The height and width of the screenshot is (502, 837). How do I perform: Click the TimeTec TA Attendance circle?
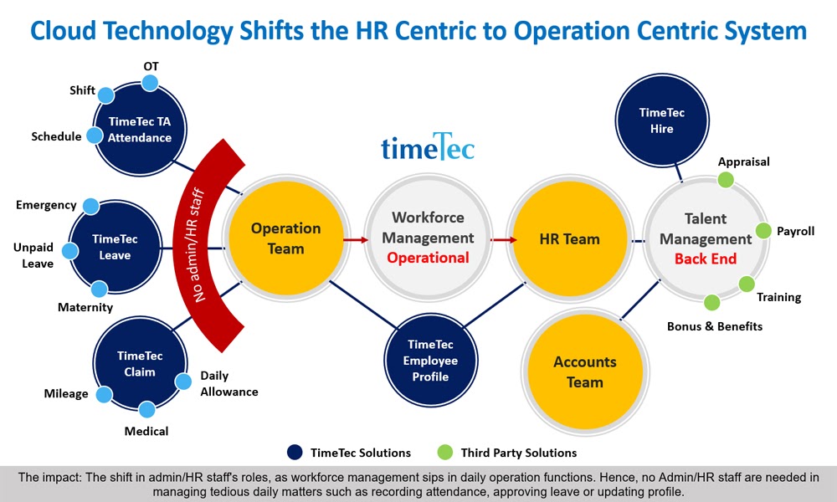pos(140,129)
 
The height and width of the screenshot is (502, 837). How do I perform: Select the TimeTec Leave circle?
pos(115,247)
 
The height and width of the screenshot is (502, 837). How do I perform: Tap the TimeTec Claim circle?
pos(140,364)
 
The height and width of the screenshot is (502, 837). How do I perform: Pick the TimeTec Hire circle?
pos(662,120)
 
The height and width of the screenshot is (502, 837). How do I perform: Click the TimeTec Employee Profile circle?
pos(431,360)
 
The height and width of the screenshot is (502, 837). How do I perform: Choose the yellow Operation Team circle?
pos(286,238)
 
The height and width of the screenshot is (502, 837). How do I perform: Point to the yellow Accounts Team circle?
pos(585,371)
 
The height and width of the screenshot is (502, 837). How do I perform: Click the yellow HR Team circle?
pos(569,238)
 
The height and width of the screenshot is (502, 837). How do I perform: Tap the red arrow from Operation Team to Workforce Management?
pos(356,239)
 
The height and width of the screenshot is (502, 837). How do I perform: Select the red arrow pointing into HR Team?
pos(504,239)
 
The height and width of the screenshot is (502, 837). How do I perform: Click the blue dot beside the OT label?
pos(150,83)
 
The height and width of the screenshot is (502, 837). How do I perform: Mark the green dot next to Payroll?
pos(763,230)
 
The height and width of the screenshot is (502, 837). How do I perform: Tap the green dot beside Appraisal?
pos(726,180)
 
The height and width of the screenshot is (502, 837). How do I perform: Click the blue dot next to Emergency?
pos(90,206)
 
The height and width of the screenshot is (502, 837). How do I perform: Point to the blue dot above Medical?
pos(146,410)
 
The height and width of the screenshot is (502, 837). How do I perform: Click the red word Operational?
pos(428,258)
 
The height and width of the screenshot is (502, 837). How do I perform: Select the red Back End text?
pos(706,259)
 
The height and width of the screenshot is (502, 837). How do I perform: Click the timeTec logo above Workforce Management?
pos(428,146)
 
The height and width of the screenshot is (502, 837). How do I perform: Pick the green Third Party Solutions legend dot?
pos(444,453)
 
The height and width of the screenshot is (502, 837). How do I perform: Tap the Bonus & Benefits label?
pos(715,326)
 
